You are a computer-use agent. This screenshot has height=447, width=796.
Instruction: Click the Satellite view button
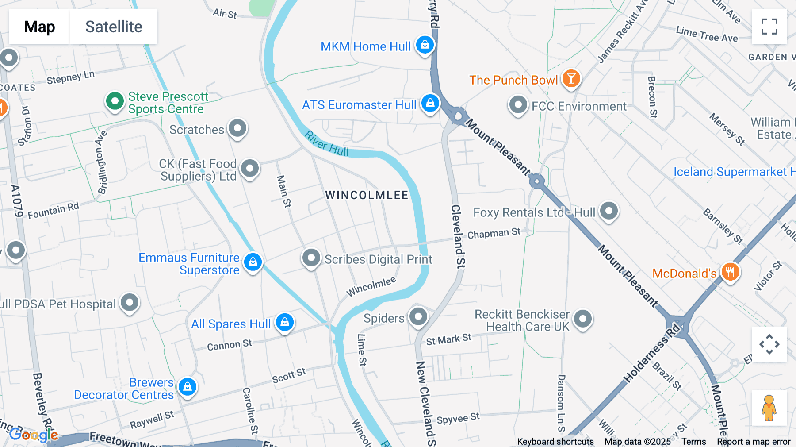click(x=114, y=27)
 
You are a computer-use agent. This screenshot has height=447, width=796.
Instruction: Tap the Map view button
click(x=39, y=27)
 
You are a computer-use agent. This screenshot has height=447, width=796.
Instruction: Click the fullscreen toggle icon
click(x=769, y=27)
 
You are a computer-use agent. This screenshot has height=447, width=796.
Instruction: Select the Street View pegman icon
click(x=769, y=408)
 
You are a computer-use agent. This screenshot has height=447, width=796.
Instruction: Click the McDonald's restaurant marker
click(x=730, y=272)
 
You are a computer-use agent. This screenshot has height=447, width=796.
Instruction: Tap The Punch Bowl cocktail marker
click(x=571, y=79)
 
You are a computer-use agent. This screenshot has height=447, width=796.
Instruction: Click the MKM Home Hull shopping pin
click(x=425, y=45)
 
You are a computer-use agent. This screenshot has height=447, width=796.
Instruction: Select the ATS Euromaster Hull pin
click(x=430, y=103)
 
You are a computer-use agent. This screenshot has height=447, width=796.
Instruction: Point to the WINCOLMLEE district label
click(x=367, y=195)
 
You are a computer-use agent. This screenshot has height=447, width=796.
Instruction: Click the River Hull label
click(x=327, y=143)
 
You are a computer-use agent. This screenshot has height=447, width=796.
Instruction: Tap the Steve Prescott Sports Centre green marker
click(x=115, y=101)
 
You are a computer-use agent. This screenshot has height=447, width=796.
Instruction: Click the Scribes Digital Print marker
click(x=311, y=258)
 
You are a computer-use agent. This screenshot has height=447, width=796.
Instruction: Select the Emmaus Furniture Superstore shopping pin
click(x=253, y=262)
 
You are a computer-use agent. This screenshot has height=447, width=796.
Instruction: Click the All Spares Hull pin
click(x=284, y=322)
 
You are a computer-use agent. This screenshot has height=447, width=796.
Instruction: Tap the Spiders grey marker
click(x=418, y=316)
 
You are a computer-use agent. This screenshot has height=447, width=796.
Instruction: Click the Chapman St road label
click(x=494, y=233)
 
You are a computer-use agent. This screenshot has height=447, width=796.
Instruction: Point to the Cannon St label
click(x=229, y=345)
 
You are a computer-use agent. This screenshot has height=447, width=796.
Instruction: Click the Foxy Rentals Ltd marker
click(x=608, y=211)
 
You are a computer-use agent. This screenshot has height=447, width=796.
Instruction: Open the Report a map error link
click(x=754, y=442)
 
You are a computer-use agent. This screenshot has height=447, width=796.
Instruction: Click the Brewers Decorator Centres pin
click(x=187, y=387)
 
